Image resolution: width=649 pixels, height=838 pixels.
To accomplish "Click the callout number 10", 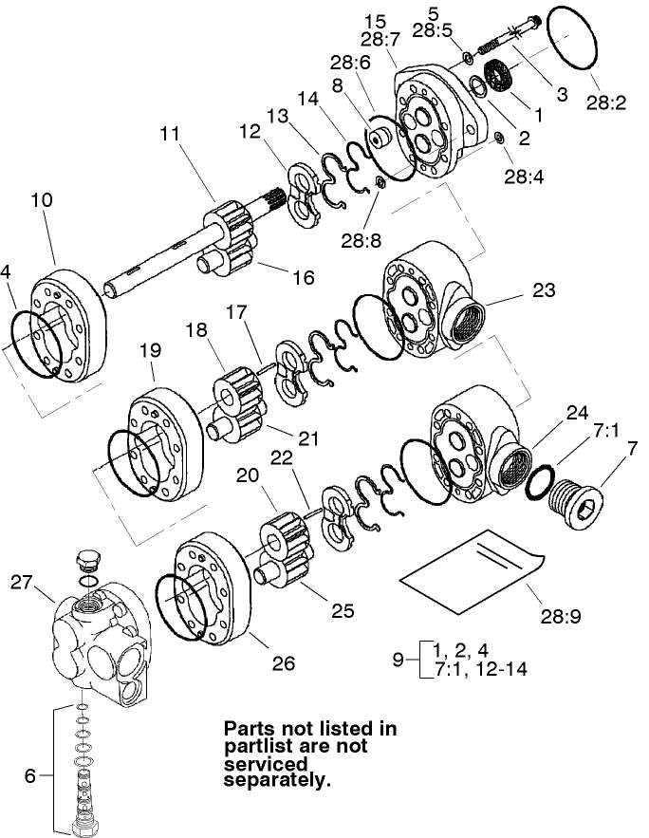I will tap(41, 201).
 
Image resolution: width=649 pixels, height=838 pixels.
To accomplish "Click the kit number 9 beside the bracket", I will tap(399, 659).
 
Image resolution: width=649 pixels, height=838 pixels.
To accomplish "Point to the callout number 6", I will tap(29, 774).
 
